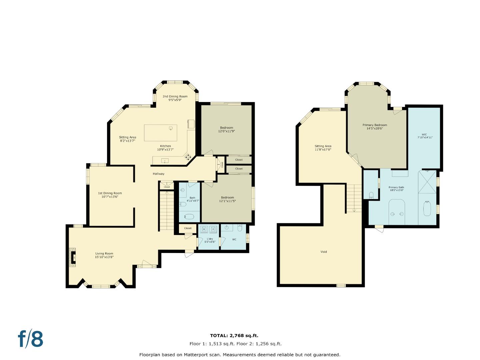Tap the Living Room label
click(104, 255)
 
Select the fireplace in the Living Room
click(72, 257)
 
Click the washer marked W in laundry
click(204, 229)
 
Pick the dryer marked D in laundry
click(213, 229)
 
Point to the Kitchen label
click(165, 148)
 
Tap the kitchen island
click(160, 133)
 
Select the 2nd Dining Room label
click(175, 98)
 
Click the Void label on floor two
click(323, 252)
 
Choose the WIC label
click(425, 136)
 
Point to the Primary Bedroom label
click(375, 127)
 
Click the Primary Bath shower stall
click(427, 181)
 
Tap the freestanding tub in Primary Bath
click(427, 209)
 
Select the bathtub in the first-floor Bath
click(189, 217)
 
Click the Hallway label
click(159, 174)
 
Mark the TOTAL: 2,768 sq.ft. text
click(234, 336)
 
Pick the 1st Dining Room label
click(110, 195)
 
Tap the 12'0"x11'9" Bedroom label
click(226, 129)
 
